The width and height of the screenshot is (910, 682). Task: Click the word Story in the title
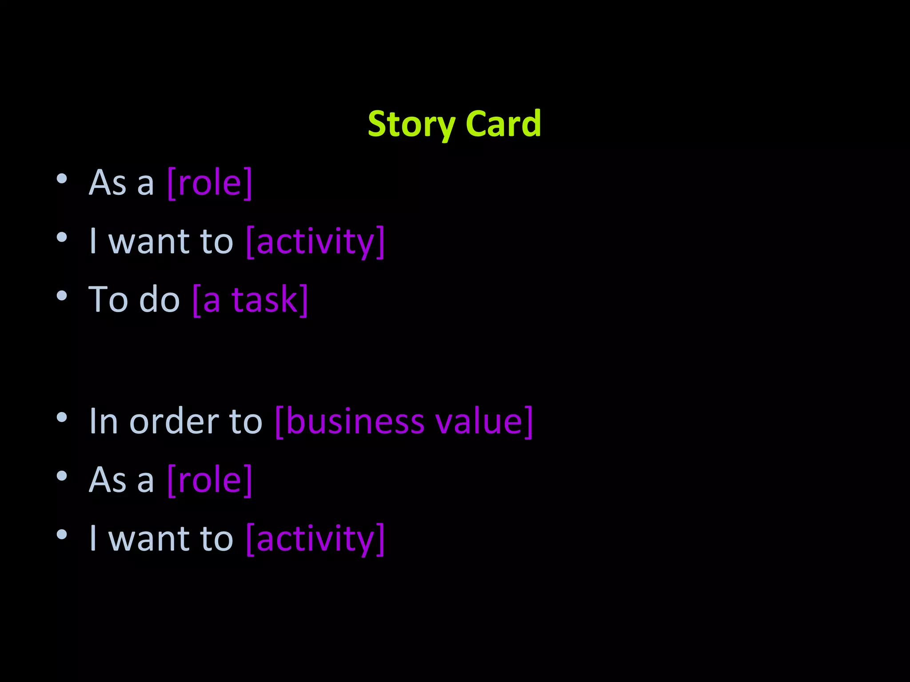pos(411,124)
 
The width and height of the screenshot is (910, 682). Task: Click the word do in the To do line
pos(159,300)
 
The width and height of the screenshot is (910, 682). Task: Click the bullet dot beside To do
pos(62,296)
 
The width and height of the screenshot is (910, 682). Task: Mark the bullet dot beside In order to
pos(62,417)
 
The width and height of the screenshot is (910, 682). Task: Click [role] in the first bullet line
pos(210,182)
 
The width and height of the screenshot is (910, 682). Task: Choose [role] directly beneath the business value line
pos(210,480)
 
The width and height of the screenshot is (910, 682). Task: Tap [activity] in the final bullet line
pos(315,539)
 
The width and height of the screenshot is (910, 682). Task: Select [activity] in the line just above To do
pos(315,242)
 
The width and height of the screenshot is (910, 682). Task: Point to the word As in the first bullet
pos(108,182)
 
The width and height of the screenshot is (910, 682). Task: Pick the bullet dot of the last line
pos(62,535)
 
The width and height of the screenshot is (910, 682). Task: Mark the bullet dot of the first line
pos(62,178)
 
